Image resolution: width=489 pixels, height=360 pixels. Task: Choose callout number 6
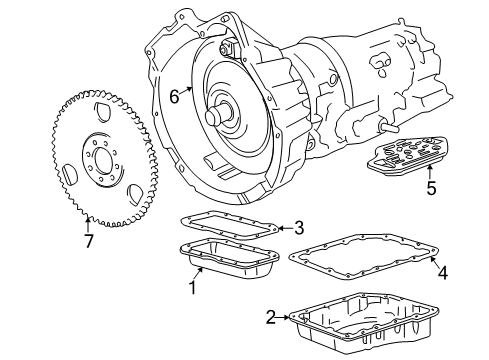(x=174, y=97)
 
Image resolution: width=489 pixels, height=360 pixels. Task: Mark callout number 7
(x=87, y=241)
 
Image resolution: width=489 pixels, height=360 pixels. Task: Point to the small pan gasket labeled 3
(x=230, y=228)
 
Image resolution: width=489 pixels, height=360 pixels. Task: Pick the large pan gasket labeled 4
(x=362, y=258)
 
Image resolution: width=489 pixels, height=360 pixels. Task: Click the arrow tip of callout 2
(x=290, y=318)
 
